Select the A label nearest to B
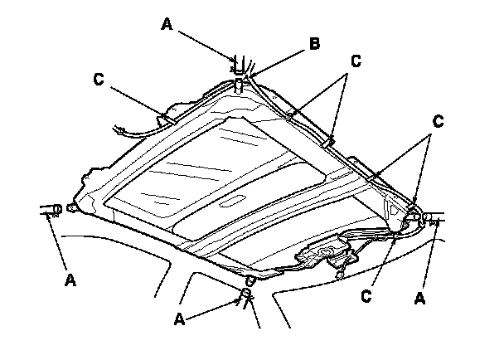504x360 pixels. pos(165,26)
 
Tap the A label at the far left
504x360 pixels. pos(70,280)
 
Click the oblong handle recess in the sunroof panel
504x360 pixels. pos(235,201)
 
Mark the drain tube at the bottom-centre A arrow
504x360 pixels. pos(246,293)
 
